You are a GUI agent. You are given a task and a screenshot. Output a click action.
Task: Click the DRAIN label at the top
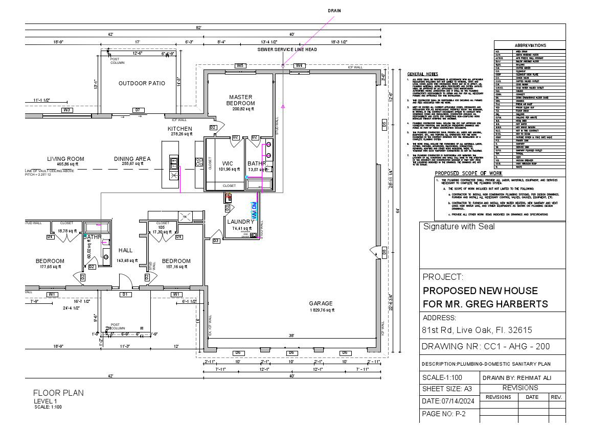pyautogui.click(x=334, y=10)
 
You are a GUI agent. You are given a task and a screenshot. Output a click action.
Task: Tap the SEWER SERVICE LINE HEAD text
pyautogui.click(x=287, y=50)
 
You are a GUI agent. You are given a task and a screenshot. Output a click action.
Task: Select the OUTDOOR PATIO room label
pyautogui.click(x=142, y=83)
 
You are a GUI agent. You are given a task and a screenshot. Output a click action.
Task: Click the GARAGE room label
pyautogui.click(x=321, y=303)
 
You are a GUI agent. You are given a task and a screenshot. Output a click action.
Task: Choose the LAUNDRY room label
pyautogui.click(x=240, y=222)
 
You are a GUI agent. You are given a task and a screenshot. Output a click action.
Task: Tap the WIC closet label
pyautogui.click(x=228, y=163)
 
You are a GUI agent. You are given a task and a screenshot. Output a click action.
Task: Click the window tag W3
pyautogui.click(x=66, y=110)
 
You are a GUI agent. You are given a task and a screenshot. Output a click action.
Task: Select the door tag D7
pyautogui.click(x=137, y=110)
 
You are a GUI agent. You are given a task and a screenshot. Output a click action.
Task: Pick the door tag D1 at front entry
pyautogui.click(x=124, y=294)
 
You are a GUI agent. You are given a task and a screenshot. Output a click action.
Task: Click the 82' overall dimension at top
pyautogui.click(x=198, y=27)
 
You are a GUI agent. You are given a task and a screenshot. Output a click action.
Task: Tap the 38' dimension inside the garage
pyautogui.click(x=291, y=336)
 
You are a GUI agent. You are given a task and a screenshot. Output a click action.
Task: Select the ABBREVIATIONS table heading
pyautogui.click(x=530, y=45)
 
